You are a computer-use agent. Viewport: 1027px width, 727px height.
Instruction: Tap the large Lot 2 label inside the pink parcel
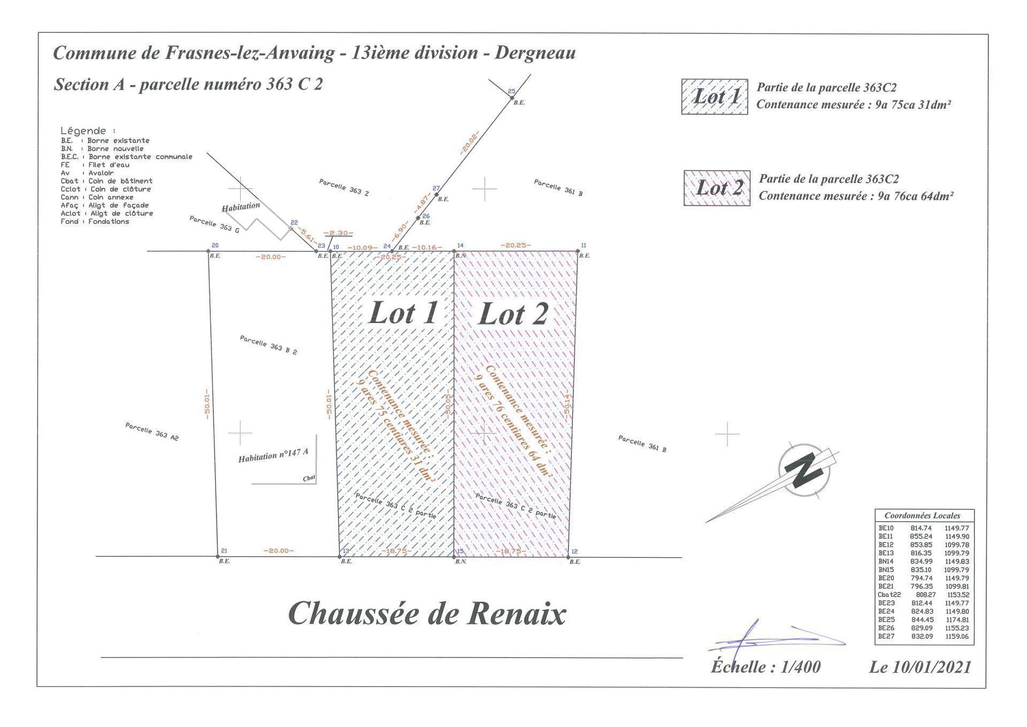tap(513, 315)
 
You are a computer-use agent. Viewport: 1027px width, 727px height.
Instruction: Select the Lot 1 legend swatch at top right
tap(714, 96)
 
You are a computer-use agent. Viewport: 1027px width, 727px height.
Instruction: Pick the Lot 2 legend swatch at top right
tap(717, 188)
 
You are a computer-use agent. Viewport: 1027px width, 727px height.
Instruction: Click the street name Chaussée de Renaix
tap(427, 614)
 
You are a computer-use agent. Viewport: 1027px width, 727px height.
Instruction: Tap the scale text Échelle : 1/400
tap(765, 667)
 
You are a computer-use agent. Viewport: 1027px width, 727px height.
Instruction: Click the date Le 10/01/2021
tap(920, 667)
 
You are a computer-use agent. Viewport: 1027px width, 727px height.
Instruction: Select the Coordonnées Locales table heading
tap(922, 515)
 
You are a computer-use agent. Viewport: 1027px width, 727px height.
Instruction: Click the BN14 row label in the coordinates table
tap(886, 561)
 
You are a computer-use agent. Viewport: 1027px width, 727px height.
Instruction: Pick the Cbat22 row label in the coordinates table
tap(889, 595)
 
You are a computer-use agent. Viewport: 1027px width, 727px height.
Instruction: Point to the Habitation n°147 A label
tap(273, 455)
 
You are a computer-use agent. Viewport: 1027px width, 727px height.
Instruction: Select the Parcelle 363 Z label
tap(344, 187)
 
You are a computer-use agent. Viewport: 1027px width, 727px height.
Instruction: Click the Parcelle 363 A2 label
tap(152, 432)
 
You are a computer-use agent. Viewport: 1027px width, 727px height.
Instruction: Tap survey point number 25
tap(511, 91)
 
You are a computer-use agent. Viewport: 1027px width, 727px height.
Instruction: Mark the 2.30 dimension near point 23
tap(338, 233)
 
